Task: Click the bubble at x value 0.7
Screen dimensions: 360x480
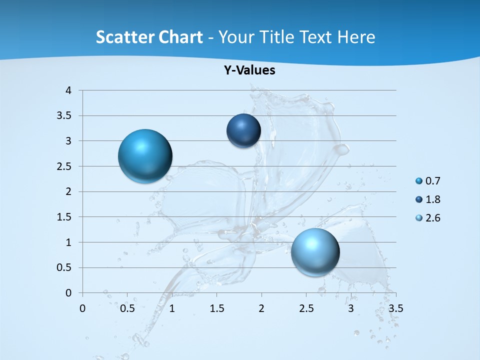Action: (x=145, y=156)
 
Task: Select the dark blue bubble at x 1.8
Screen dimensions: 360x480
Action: (x=243, y=130)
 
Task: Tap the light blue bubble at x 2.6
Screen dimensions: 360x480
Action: (x=315, y=252)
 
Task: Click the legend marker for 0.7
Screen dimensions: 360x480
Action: (x=419, y=181)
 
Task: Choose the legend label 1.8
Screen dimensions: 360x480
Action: (x=432, y=199)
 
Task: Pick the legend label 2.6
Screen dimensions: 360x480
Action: (x=432, y=218)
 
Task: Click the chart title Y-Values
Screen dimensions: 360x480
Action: (x=249, y=70)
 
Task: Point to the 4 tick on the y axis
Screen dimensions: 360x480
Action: (x=68, y=90)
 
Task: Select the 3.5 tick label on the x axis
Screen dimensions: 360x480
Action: (x=396, y=308)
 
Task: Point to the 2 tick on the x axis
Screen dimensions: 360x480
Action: (x=261, y=308)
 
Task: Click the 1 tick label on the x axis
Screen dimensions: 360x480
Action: (x=172, y=308)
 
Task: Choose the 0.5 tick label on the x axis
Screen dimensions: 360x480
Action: (x=127, y=308)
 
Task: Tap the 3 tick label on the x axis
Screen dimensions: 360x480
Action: (x=351, y=308)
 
